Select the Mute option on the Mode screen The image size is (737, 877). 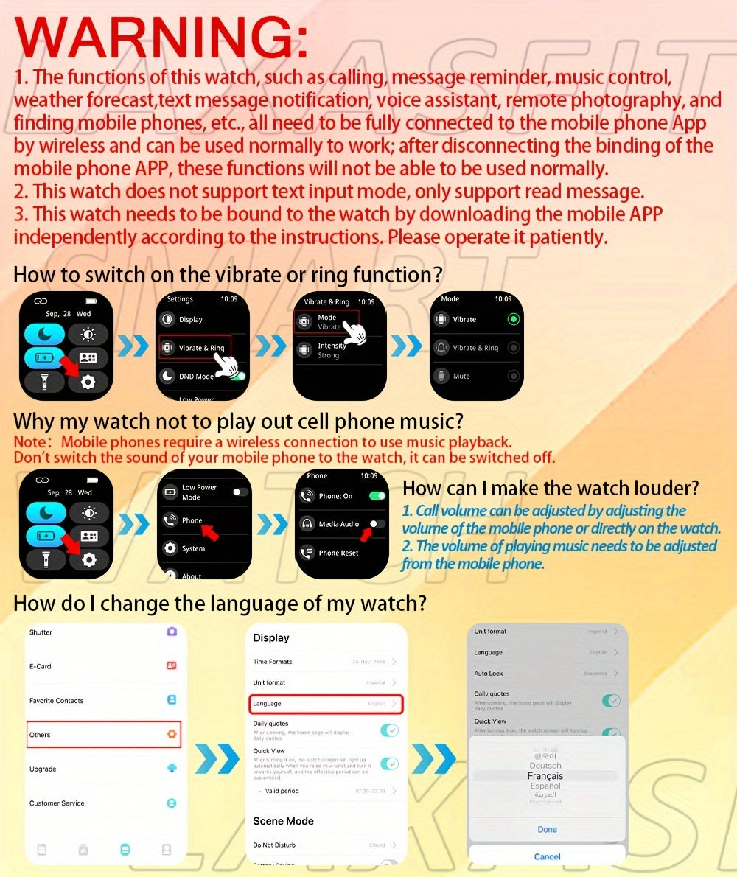pyautogui.click(x=461, y=376)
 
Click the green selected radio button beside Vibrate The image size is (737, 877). pyautogui.click(x=514, y=319)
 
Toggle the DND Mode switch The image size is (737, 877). pyautogui.click(x=237, y=376)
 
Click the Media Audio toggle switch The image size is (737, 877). pyautogui.click(x=377, y=523)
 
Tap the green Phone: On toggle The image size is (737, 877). pyautogui.click(x=377, y=496)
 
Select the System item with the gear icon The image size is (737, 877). pyautogui.click(x=193, y=548)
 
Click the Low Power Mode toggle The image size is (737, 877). pyautogui.click(x=240, y=492)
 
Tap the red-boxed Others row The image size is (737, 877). pyautogui.click(x=103, y=735)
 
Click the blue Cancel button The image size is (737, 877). pyautogui.click(x=547, y=856)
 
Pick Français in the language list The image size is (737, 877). pyautogui.click(x=545, y=776)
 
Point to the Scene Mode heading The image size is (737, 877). pyautogui.click(x=283, y=821)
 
